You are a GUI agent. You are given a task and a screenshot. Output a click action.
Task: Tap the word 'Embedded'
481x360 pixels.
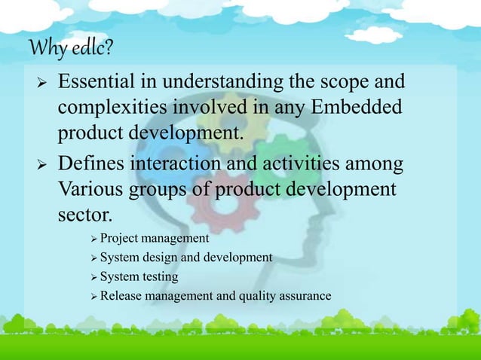point(362,108)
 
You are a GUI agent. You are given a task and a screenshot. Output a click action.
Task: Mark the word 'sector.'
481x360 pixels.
point(84,217)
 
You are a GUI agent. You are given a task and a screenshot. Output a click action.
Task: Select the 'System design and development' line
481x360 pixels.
point(185,258)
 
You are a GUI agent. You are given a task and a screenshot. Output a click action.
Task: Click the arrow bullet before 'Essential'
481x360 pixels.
point(32,81)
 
